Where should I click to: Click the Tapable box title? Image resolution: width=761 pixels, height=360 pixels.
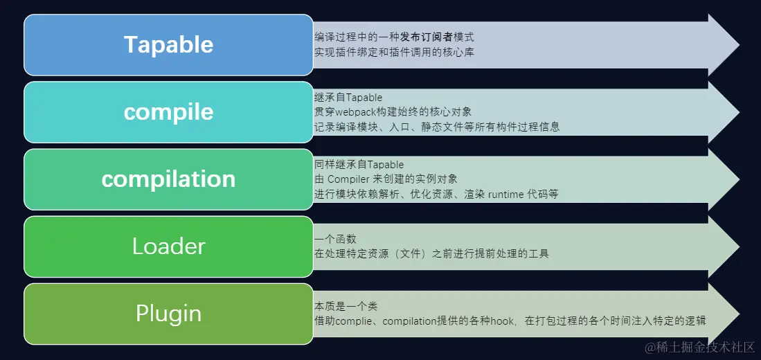168,44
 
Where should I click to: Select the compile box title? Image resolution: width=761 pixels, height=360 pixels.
168,112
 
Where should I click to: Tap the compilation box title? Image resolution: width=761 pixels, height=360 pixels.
168,179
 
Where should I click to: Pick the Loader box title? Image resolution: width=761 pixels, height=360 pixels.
168,246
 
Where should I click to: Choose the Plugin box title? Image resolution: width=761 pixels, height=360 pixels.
168,314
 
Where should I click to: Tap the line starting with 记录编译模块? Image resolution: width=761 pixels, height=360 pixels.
437,127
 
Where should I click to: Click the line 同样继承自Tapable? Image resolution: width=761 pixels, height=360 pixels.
359,165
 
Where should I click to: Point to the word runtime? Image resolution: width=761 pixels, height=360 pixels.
505,195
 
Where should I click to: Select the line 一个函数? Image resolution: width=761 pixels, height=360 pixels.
335,239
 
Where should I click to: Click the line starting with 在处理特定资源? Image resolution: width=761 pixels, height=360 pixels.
431,253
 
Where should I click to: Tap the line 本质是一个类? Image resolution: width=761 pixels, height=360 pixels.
346,306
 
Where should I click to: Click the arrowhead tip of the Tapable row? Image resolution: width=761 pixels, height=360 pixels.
739,44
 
